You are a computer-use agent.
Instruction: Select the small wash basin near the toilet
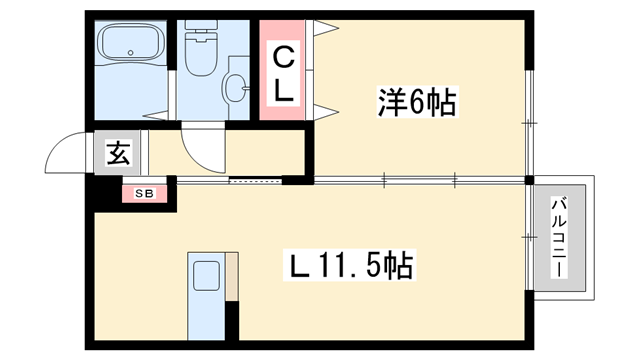237,88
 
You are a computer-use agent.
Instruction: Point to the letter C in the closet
284,56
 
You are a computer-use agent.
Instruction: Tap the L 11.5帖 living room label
351,266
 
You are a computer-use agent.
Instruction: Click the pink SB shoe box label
142,193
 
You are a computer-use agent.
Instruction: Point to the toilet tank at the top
201,31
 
